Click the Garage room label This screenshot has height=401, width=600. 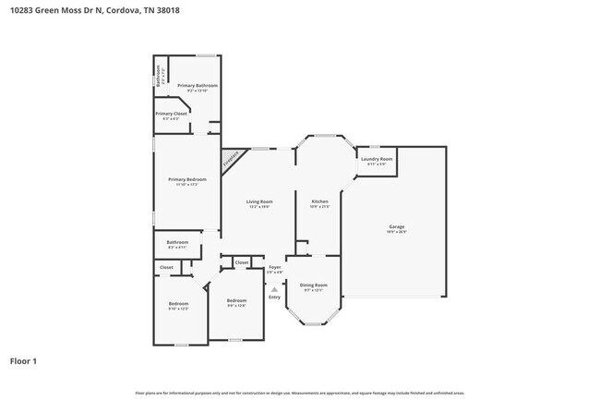(x=396, y=226)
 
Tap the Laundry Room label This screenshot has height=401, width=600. (x=377, y=159)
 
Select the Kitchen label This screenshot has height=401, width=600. (x=319, y=201)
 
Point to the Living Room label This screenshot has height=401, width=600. (x=259, y=201)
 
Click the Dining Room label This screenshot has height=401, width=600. (x=314, y=286)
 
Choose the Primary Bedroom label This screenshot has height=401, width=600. (x=186, y=179)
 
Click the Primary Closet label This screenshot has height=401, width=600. (x=174, y=114)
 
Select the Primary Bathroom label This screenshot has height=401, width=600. (x=198, y=86)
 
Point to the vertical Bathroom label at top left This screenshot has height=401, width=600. (x=159, y=74)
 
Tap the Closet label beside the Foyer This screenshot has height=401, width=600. (x=241, y=262)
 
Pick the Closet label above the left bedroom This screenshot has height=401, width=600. (x=166, y=267)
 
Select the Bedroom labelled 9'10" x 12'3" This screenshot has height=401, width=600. (x=178, y=304)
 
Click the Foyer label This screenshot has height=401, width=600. (x=274, y=267)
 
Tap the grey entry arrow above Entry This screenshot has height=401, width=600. (x=274, y=288)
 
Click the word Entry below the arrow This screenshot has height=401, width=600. (x=274, y=297)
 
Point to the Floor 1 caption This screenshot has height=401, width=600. (x=23, y=361)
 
